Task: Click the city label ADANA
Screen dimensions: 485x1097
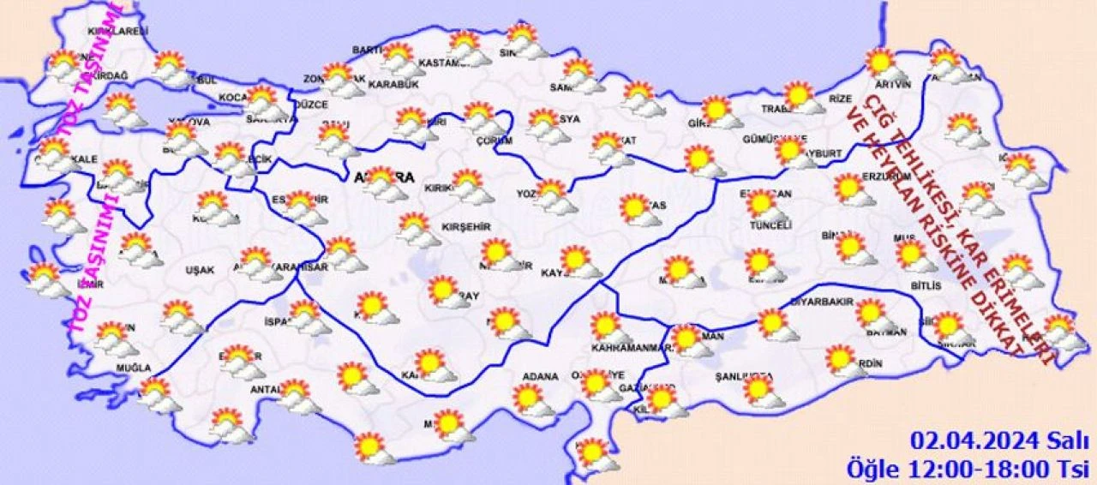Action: tap(541, 376)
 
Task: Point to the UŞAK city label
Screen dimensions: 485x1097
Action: tap(200, 270)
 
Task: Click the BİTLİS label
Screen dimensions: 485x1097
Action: tap(926, 285)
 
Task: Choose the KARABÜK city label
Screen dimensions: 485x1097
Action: tap(393, 84)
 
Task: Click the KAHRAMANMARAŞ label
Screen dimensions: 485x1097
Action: tap(629, 347)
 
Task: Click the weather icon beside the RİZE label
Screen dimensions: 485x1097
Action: tap(803, 97)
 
